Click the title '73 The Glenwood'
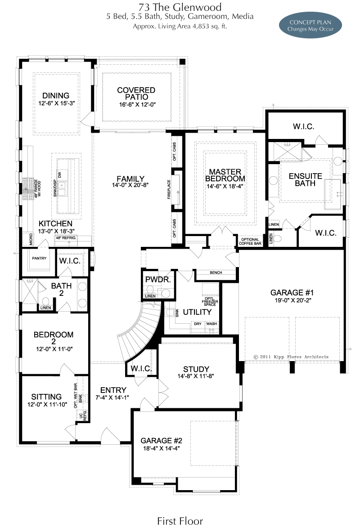(x=180, y=7)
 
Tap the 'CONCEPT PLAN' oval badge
(x=310, y=26)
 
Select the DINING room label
(x=56, y=95)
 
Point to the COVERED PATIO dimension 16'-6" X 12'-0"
(x=137, y=104)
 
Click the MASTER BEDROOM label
(x=225, y=175)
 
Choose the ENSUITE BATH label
(x=305, y=179)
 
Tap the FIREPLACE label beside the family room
(x=169, y=189)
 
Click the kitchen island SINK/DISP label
(x=55, y=188)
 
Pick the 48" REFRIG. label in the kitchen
(x=66, y=238)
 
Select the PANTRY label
(x=39, y=258)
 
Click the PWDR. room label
(x=158, y=279)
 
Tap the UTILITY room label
(x=197, y=312)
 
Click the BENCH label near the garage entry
(x=216, y=272)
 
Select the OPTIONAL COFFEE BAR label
(x=250, y=241)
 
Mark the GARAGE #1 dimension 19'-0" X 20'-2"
(x=292, y=300)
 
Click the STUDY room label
(x=196, y=369)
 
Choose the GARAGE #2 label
(x=162, y=440)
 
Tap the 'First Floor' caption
(x=180, y=521)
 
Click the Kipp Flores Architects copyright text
(x=291, y=357)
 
